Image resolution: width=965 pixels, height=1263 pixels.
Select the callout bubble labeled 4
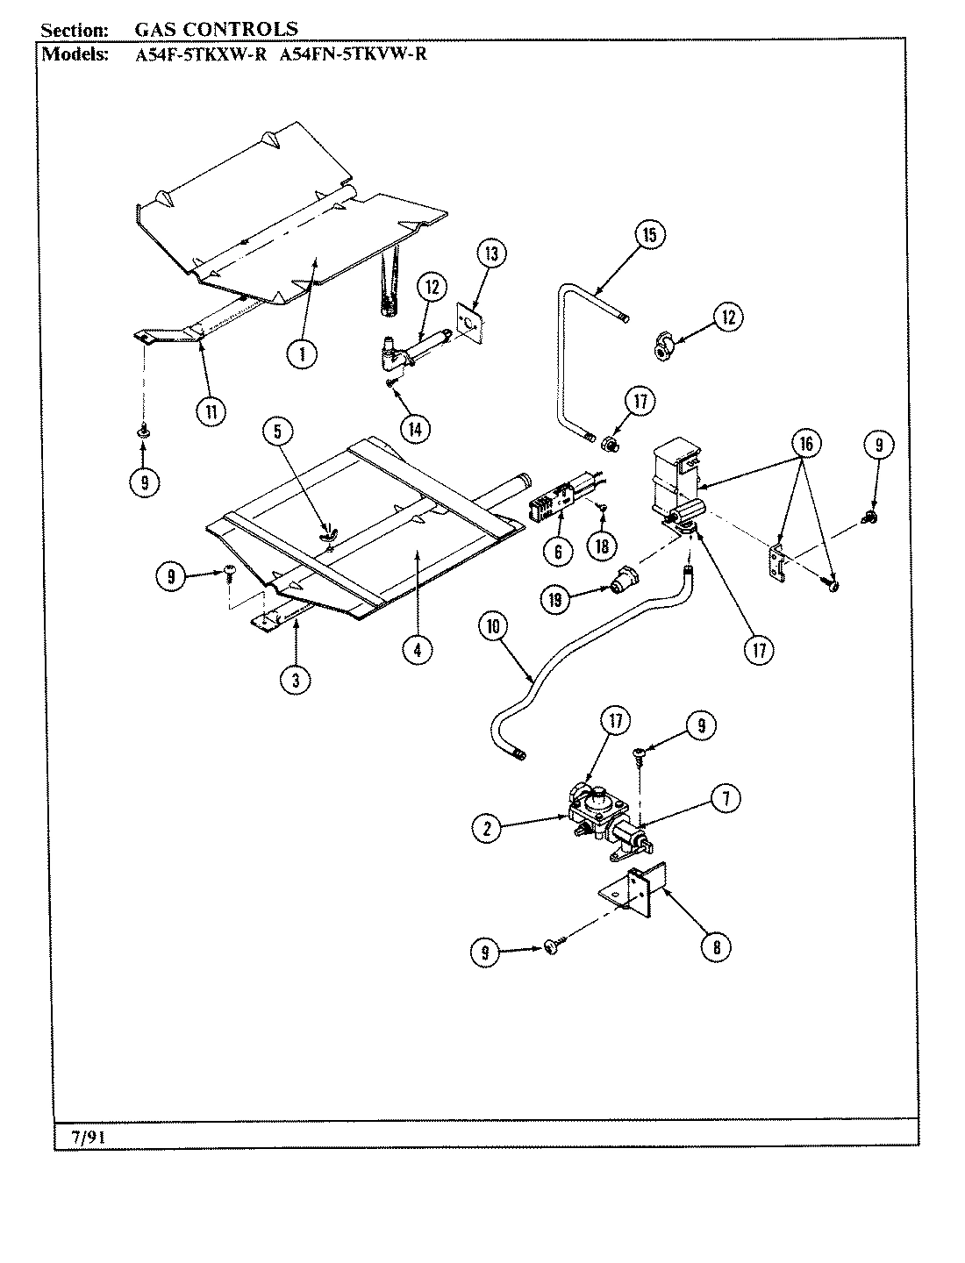(x=418, y=649)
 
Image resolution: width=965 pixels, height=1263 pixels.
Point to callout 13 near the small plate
(x=491, y=254)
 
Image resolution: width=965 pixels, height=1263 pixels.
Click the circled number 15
(x=649, y=234)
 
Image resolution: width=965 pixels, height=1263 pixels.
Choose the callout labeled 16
(x=804, y=445)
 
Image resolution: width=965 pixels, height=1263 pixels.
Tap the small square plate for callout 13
(x=470, y=324)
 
